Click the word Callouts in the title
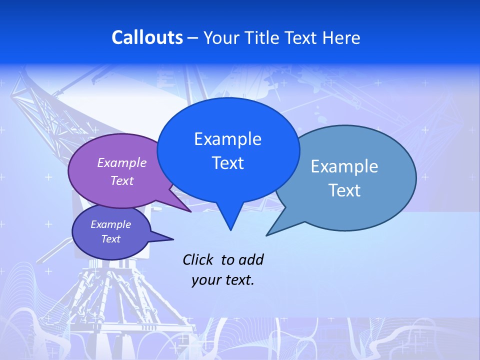pos(147,37)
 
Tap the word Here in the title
pos(342,37)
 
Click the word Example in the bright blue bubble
pos(227,139)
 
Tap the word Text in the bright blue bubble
pos(227,163)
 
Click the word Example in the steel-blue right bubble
pos(344,166)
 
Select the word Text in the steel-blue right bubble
pos(344,190)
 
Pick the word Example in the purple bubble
pos(122,162)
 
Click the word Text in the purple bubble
pos(122,180)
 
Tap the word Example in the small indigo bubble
pos(110,224)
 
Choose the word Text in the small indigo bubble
pos(110,239)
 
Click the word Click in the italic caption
pos(198,259)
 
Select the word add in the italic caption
pos(250,259)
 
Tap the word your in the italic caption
pos(206,279)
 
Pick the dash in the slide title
pos(193,37)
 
